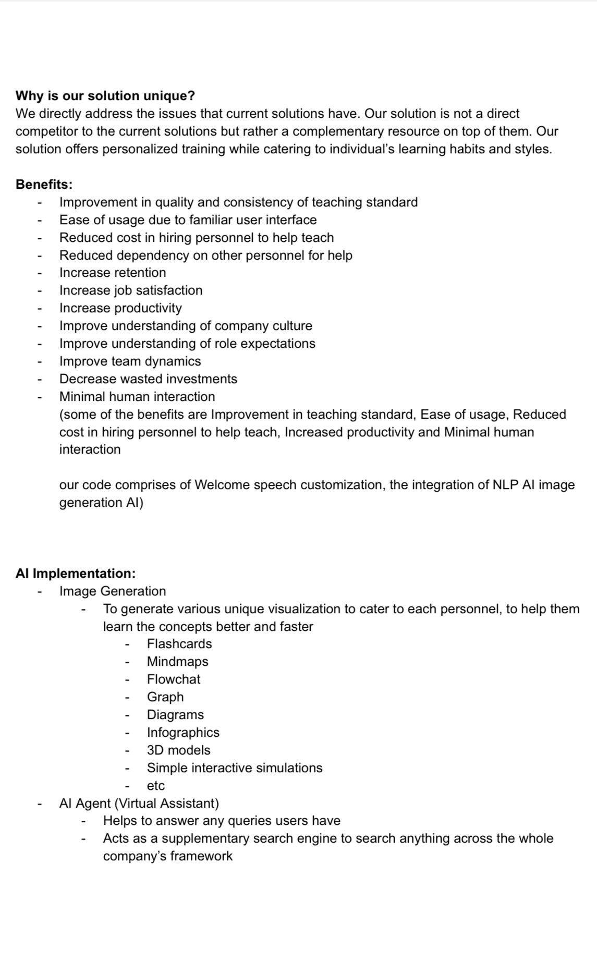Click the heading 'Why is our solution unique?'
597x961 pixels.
pos(105,96)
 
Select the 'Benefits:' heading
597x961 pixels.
pos(44,185)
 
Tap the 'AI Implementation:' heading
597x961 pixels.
pos(76,574)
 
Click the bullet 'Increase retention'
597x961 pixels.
pos(113,273)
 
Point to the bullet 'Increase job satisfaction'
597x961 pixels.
pos(131,290)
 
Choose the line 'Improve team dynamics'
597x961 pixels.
pos(130,361)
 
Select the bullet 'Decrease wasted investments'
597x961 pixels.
pos(148,379)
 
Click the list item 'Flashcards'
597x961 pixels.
pos(179,644)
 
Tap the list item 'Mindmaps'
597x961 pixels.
pos(177,662)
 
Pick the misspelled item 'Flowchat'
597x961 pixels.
pos(174,679)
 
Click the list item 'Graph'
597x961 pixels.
pos(165,697)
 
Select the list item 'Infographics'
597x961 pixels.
pos(183,733)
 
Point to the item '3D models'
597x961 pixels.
pos(178,750)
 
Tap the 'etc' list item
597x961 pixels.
pos(155,786)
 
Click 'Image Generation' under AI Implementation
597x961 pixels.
pos(113,591)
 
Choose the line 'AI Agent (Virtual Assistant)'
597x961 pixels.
pos(139,804)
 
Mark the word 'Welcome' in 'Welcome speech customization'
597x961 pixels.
pos(218,485)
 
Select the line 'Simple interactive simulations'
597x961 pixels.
pos(235,768)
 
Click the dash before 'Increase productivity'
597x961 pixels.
pos(39,308)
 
